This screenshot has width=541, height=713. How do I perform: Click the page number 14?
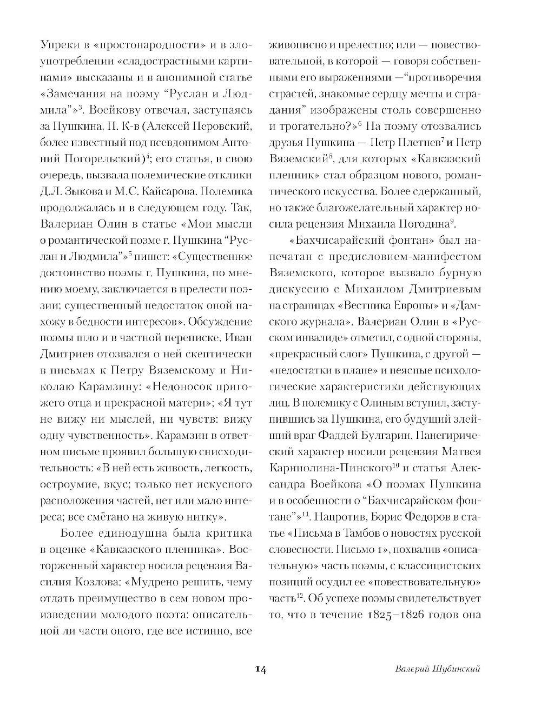pos(260,670)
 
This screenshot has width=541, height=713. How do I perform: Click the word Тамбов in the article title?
pos(367,533)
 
